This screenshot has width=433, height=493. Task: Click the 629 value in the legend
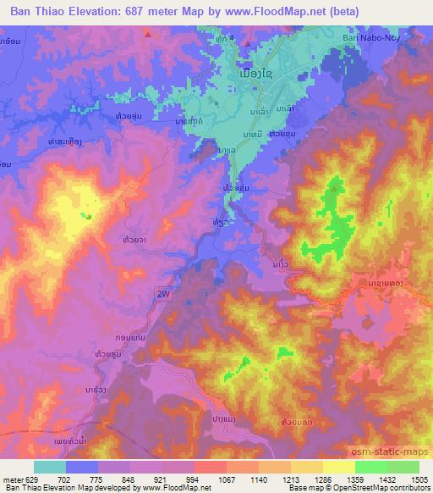(32, 479)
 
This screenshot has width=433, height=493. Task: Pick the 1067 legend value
(226, 479)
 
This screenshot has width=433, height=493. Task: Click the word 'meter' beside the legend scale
(11, 479)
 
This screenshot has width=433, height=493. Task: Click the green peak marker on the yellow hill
(89, 215)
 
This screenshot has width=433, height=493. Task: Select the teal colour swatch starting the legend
(50, 467)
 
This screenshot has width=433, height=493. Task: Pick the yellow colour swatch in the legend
(338, 467)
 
